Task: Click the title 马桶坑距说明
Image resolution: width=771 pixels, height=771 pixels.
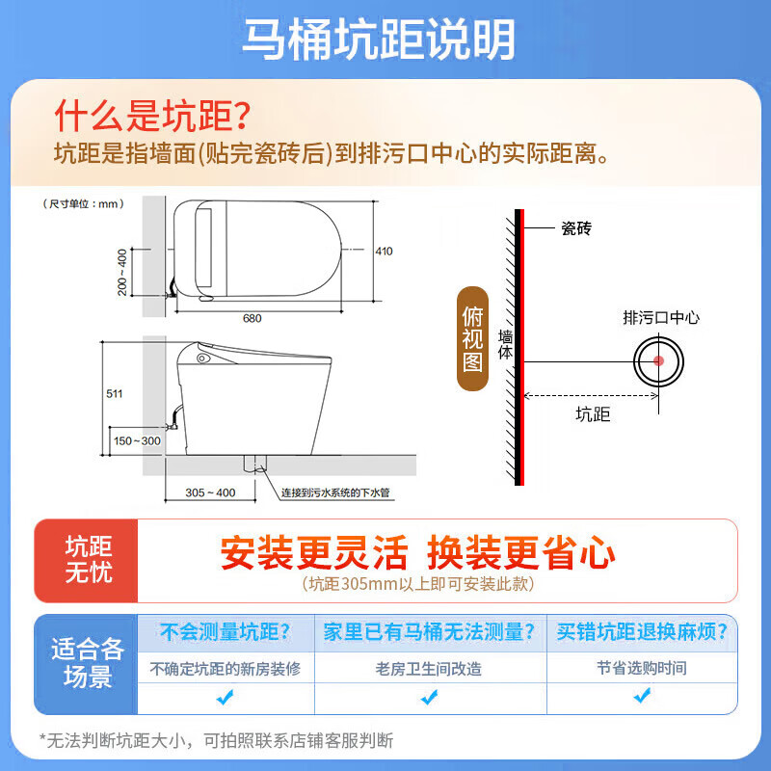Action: pos(378,40)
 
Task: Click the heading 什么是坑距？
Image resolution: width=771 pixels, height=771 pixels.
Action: pos(151,117)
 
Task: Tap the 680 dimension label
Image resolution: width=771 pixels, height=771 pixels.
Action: pos(253,317)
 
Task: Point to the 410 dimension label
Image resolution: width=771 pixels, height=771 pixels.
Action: pos(384,252)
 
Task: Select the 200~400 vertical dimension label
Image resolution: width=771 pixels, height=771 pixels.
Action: pos(122,273)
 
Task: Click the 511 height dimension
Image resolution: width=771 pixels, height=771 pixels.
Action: pos(115,393)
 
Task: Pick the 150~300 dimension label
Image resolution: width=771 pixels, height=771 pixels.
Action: pos(137,440)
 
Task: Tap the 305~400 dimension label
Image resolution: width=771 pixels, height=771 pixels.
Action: pos(211,492)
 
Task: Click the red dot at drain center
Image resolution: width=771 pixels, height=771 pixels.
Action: pos(659,361)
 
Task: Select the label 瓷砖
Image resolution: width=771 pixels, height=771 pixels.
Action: pos(575,228)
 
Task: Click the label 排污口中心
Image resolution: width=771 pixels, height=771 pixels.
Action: pos(661,316)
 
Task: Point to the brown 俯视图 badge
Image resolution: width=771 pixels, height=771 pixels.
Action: pos(472,341)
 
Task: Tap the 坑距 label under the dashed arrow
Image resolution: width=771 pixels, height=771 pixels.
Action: pos(593,415)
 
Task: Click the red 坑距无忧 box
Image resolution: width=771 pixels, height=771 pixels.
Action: pos(88,560)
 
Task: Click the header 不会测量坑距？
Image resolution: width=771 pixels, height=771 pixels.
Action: pos(226,632)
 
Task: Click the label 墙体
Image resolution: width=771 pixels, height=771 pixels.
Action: pos(506,347)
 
